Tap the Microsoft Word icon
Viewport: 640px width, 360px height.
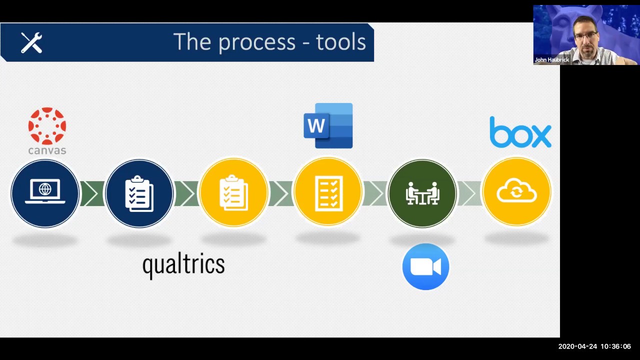coord(328,126)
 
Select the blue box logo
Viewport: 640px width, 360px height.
coord(520,132)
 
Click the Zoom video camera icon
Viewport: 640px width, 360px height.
coord(425,266)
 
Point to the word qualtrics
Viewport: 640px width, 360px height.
coord(183,264)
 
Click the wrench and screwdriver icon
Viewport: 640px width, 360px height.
coord(31,42)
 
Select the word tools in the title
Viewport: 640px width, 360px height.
coord(341,42)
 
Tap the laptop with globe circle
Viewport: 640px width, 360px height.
coord(45,193)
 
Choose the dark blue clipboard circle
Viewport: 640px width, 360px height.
coord(139,193)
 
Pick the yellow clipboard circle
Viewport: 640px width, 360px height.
coord(233,193)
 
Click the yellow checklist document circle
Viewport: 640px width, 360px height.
coord(328,193)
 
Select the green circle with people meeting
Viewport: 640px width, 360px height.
coord(422,193)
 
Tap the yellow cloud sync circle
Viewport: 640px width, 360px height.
coord(516,193)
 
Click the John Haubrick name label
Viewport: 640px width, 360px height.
coord(551,60)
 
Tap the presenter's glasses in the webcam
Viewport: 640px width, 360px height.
coord(585,36)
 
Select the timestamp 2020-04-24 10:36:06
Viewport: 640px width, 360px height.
coord(594,346)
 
